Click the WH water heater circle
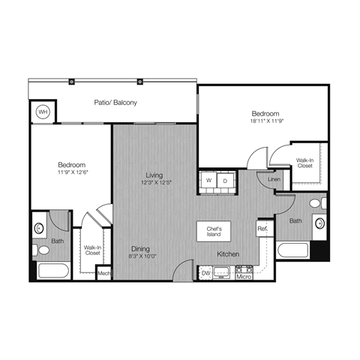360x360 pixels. tap(43, 112)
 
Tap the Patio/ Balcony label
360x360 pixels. tap(115, 102)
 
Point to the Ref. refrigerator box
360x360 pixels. tap(263, 228)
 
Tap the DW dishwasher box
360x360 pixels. tap(206, 274)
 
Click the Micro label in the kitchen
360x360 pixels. tap(243, 277)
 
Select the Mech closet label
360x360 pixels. tap(104, 274)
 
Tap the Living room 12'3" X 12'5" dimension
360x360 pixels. tap(155, 184)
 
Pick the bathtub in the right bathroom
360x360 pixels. tap(294, 250)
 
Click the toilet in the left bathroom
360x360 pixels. tap(42, 250)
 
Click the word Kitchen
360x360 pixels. tap(228, 255)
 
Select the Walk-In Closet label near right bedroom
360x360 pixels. tap(304, 163)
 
